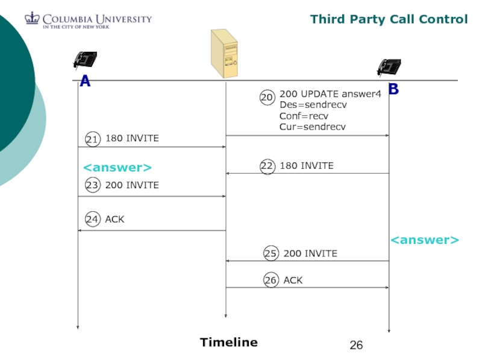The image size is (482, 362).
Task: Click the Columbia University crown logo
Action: click(x=32, y=19)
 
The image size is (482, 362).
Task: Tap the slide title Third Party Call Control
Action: click(x=389, y=19)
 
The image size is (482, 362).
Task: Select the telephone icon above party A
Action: click(x=85, y=60)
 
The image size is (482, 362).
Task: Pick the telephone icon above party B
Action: click(x=389, y=67)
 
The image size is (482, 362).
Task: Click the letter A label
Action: click(x=85, y=81)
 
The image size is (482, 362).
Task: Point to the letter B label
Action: click(x=393, y=89)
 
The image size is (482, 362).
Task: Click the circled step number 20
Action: click(x=267, y=97)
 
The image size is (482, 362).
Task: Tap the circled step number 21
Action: click(x=92, y=139)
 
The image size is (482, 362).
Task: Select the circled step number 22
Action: click(x=268, y=166)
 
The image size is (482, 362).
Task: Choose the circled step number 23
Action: click(x=92, y=186)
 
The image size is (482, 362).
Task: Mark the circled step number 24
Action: click(x=92, y=220)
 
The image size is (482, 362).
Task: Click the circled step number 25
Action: click(x=271, y=254)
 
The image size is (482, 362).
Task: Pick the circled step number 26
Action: click(x=271, y=281)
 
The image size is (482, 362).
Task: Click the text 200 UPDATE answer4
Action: click(x=330, y=94)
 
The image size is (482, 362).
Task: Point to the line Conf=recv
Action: click(x=304, y=116)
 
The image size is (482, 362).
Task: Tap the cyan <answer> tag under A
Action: click(x=117, y=167)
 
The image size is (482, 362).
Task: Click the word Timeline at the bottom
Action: click(x=229, y=343)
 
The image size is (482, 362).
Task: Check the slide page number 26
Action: click(x=357, y=345)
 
